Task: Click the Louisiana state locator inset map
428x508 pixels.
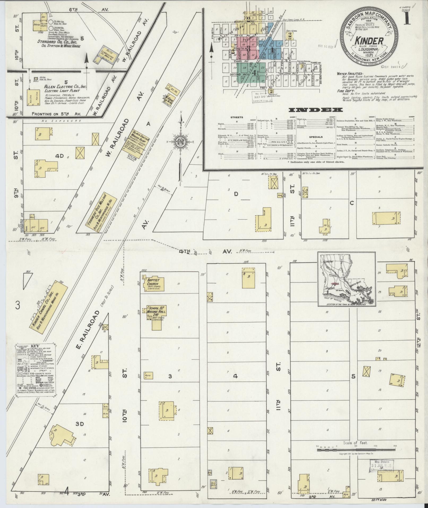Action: click(347, 279)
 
